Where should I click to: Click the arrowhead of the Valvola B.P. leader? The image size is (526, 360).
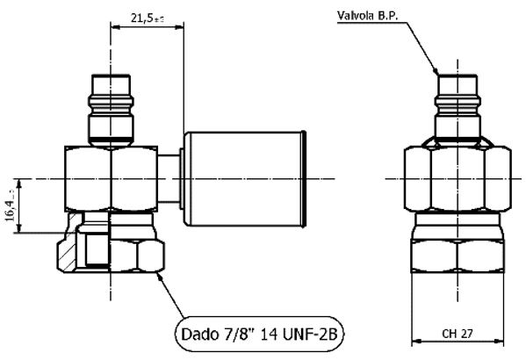(437, 69)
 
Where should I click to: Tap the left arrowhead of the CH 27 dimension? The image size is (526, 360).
(416, 342)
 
